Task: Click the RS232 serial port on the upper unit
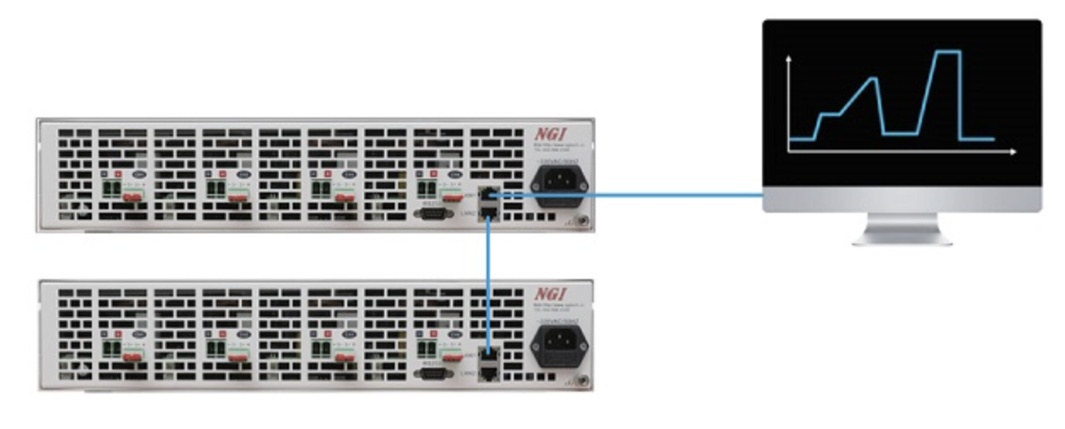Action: click(431, 214)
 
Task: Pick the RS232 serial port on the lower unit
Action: click(431, 373)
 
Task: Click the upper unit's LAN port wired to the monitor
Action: click(488, 196)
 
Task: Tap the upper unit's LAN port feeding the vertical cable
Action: click(488, 213)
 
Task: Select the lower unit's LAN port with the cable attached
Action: click(488, 355)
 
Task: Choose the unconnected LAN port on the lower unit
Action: click(488, 372)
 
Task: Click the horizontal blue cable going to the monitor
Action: click(629, 195)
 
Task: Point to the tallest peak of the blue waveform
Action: click(947, 52)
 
